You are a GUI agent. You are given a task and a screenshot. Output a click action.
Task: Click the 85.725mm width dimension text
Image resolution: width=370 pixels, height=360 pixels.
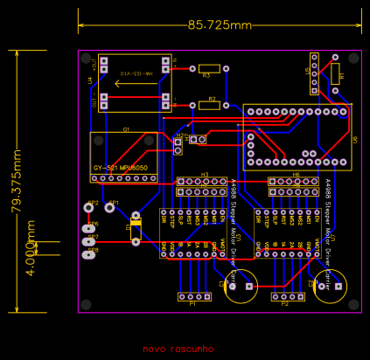click(x=219, y=25)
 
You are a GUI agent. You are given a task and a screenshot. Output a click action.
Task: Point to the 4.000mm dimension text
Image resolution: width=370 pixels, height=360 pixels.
click(x=31, y=246)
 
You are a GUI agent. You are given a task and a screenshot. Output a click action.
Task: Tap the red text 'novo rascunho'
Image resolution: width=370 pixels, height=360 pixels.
click(x=178, y=348)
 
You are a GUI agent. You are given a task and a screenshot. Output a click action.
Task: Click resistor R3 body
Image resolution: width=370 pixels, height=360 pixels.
click(x=208, y=67)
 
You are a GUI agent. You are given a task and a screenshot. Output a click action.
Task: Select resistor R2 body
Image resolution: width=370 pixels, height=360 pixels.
click(x=208, y=106)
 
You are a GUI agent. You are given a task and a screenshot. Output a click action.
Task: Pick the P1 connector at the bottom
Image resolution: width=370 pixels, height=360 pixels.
click(x=193, y=297)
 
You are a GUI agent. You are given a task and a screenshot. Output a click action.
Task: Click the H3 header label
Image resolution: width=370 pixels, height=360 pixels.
click(x=205, y=175)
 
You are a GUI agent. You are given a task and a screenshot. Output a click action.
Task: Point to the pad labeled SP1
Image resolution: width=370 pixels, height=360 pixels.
click(x=112, y=207)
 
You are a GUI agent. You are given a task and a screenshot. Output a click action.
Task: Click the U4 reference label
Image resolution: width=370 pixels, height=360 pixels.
click(x=90, y=81)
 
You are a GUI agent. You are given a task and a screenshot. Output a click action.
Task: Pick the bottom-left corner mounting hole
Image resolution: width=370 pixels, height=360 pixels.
click(x=86, y=304)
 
